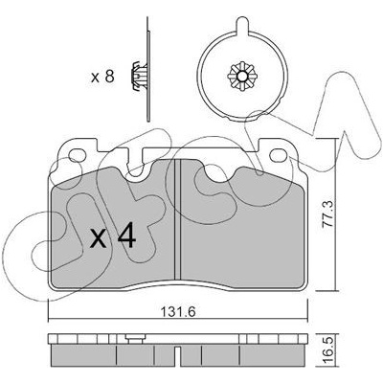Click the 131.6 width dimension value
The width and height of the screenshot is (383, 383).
[x=177, y=311]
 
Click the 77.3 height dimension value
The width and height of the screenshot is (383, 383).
[x=327, y=214]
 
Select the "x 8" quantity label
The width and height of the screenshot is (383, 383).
[x=102, y=77]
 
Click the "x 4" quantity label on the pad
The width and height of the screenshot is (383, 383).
[x=113, y=237]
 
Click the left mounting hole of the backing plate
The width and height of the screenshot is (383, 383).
[x=78, y=155]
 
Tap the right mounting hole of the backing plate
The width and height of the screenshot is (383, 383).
[x=279, y=155]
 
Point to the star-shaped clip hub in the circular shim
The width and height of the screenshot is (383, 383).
[x=242, y=77]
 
